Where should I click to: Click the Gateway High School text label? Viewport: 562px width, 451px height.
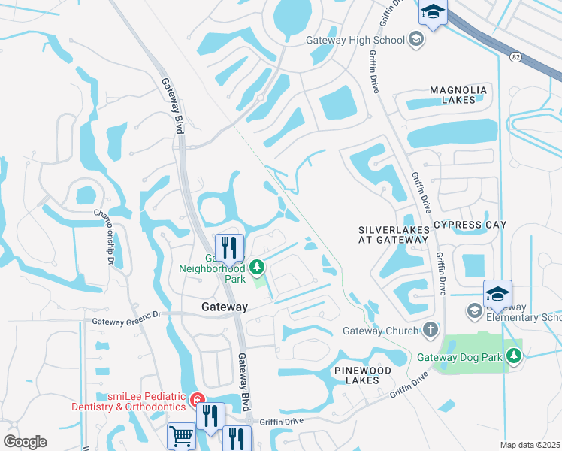tap(355, 40)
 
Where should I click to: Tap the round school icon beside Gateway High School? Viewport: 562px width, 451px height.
tap(415, 40)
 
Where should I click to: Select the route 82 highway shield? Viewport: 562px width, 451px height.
tap(515, 57)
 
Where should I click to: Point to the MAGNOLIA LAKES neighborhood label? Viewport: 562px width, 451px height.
tap(458, 95)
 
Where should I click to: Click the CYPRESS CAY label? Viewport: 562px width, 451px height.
tap(470, 225)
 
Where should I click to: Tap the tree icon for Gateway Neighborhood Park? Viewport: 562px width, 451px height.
tap(257, 267)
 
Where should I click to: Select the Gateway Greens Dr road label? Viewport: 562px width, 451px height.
tap(126, 321)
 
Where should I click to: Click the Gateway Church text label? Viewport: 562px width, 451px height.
tap(379, 330)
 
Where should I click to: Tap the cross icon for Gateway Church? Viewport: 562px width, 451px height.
tap(430, 329)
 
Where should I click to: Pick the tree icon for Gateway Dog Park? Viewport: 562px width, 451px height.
tap(514, 355)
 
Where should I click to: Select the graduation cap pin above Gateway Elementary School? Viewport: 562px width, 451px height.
tap(497, 294)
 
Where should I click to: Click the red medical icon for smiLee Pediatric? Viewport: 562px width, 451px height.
tap(197, 399)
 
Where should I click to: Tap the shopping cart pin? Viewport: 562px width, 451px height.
tap(181, 436)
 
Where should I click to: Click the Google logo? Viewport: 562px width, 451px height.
tap(25, 441)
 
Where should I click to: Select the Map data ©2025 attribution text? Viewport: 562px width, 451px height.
tap(530, 445)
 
